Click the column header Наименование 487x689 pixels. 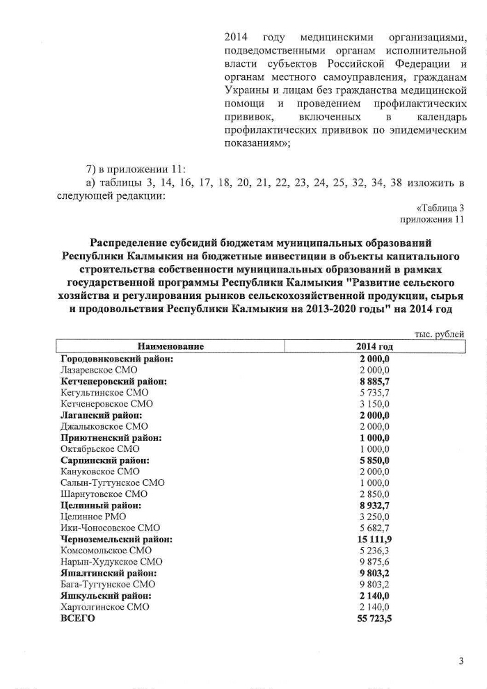click(170, 347)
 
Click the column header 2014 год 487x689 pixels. click(374, 347)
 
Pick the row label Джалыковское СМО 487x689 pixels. click(104, 426)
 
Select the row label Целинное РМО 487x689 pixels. click(93, 517)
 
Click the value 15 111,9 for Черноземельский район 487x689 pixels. click(374, 539)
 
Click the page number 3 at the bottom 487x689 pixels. click(461, 661)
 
